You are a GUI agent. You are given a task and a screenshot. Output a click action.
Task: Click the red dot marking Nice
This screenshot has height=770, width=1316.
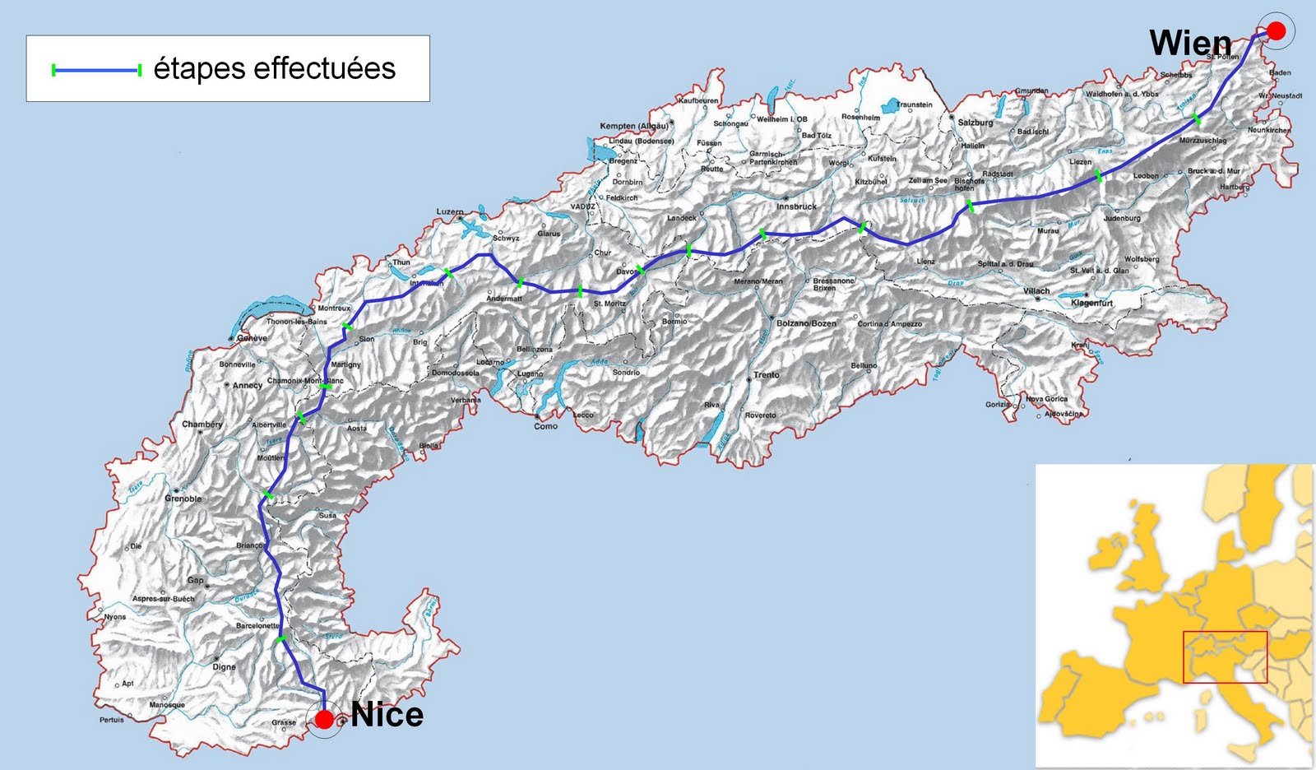coord(325,720)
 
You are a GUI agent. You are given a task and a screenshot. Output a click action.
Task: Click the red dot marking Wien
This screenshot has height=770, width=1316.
coord(1276,31)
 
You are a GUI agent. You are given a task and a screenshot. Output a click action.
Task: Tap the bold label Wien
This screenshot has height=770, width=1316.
coord(1190,44)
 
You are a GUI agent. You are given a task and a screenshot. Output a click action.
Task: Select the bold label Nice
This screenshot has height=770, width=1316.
coord(387,715)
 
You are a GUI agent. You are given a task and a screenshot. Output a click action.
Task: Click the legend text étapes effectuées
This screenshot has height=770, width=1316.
coord(275,68)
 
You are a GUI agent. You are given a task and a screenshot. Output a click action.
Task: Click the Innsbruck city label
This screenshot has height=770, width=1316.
coord(796,206)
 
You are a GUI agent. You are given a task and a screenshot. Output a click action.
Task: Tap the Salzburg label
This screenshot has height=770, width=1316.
coord(975,123)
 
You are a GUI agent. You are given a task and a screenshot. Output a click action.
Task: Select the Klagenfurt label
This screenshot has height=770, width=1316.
coord(1091,303)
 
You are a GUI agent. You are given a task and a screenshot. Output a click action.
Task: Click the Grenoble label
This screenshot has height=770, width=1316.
coord(183,499)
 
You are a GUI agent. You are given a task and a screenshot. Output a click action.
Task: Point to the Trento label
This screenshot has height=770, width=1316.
coord(766,375)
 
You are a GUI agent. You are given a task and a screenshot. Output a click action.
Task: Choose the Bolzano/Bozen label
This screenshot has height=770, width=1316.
coord(806,323)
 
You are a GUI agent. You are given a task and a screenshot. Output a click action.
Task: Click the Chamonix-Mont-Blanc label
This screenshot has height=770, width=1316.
coord(305,381)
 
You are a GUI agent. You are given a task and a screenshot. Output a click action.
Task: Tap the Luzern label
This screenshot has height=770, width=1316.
coord(450,211)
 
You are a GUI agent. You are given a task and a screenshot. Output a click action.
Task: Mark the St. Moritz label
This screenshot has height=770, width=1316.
coord(609,304)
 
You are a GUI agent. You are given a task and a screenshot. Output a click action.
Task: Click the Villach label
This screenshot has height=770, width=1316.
coord(1036,290)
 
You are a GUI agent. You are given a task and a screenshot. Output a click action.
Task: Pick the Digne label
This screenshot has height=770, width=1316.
coord(224,667)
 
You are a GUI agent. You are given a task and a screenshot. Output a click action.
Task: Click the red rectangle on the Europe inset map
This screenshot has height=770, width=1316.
coord(1225,656)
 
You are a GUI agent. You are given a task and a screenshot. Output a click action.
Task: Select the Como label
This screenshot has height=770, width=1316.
coord(545,426)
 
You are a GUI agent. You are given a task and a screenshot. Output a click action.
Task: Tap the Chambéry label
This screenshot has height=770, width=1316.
coord(202,424)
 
